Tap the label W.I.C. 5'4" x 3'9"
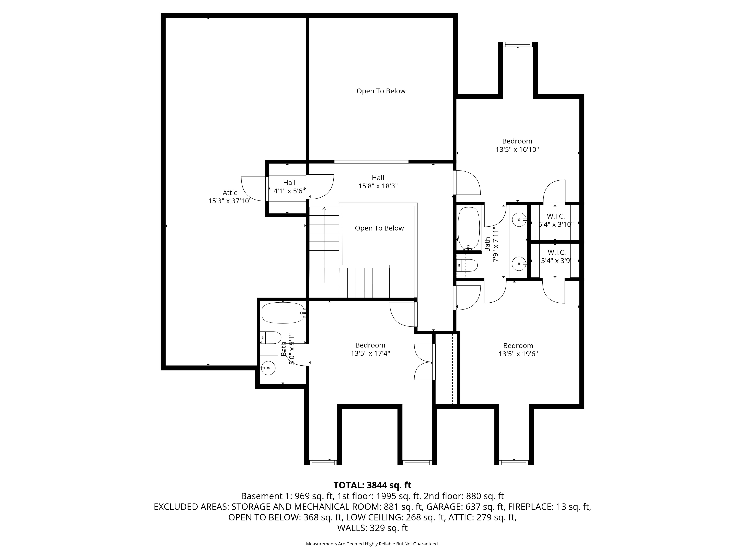click(x=556, y=256)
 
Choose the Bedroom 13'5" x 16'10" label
click(x=517, y=145)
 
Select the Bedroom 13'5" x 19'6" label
click(x=518, y=350)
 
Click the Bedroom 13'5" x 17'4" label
click(x=370, y=349)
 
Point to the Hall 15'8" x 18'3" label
click(x=378, y=182)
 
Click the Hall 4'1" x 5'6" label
click(x=289, y=187)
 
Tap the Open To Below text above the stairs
click(x=379, y=228)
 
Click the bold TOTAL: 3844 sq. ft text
click(x=372, y=485)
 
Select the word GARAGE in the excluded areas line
click(x=444, y=507)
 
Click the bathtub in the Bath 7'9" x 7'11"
click(x=468, y=228)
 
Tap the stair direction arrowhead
click(x=324, y=209)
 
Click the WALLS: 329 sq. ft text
click(x=372, y=528)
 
